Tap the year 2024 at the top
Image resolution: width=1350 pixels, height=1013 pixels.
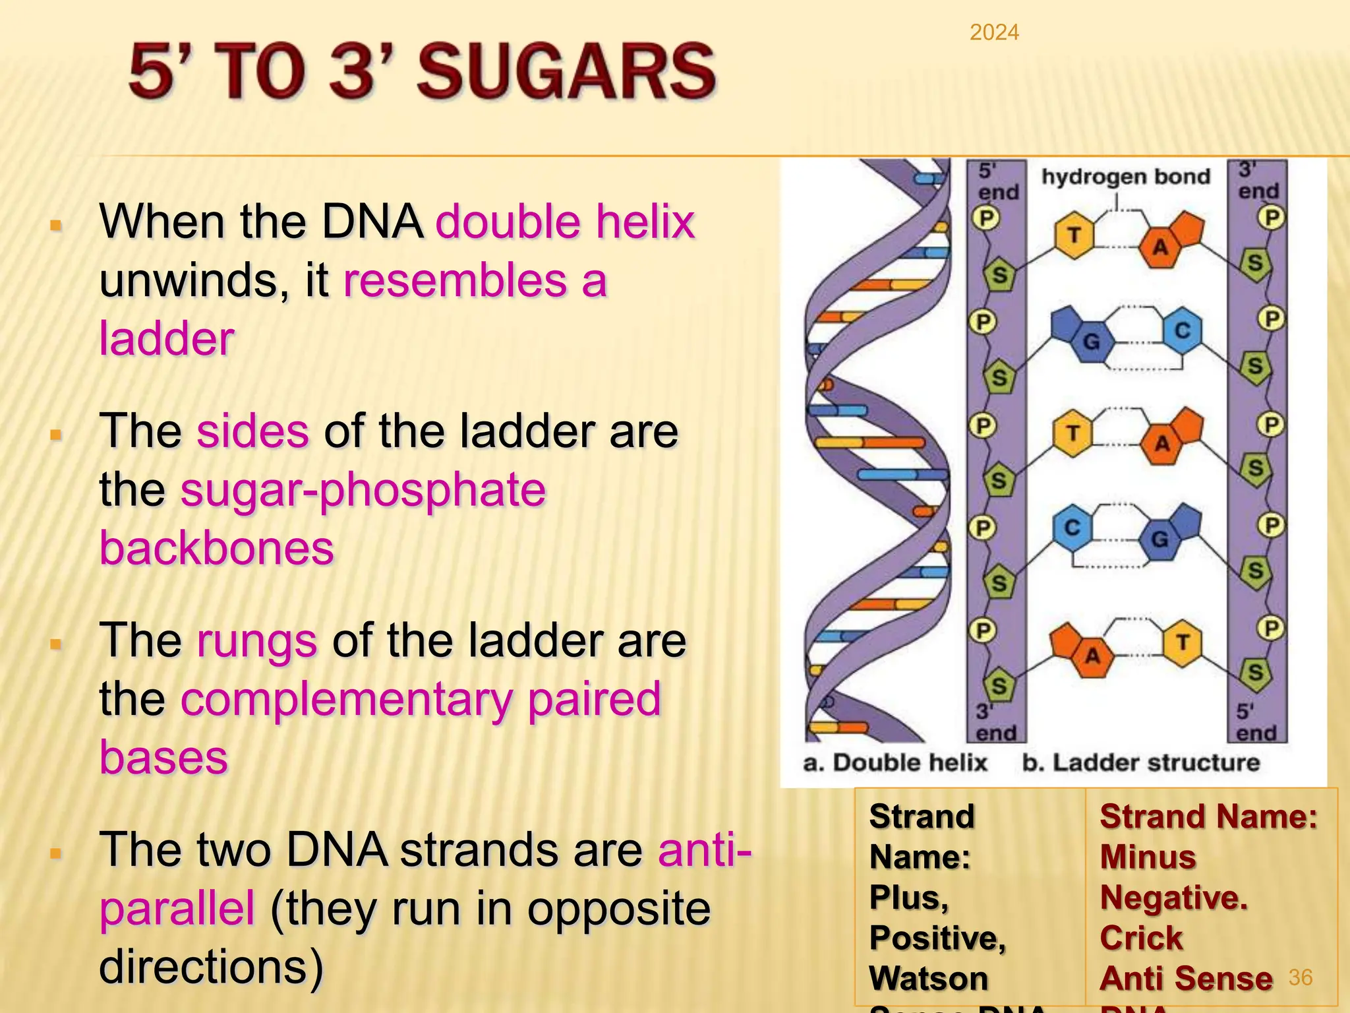coord(994,32)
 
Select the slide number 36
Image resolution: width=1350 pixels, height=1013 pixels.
coord(1300,977)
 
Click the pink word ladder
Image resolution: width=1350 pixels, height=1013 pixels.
coord(167,338)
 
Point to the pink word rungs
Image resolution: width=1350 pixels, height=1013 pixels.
coord(257,641)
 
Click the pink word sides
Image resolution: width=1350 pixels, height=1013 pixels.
coord(252,431)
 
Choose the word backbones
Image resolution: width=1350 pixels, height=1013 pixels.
coord(217,549)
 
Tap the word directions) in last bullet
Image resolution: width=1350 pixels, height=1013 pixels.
coord(211,967)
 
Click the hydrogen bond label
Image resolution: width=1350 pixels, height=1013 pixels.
coord(1125,177)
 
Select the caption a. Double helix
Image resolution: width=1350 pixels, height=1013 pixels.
coord(895,762)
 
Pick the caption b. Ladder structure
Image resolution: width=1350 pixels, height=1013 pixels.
coord(1140,762)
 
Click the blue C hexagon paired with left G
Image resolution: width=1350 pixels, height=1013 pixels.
coord(1182,330)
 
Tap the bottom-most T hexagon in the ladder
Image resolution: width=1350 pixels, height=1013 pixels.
coord(1182,642)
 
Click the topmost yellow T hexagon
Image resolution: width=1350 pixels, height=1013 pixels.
coord(1074,235)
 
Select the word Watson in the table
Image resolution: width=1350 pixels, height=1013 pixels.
coord(928,978)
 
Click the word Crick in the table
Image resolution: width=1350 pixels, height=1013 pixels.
coord(1141,938)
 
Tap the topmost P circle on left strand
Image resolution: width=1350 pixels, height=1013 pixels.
coord(987,218)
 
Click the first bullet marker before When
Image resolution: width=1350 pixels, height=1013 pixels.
coord(56,226)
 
